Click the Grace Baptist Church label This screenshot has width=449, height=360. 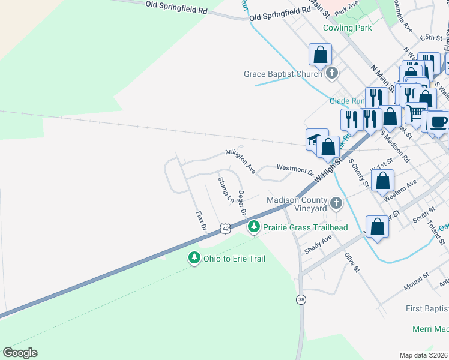(283, 74)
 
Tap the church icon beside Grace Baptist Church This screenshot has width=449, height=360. (332, 74)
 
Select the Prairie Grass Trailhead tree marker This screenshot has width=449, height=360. (254, 227)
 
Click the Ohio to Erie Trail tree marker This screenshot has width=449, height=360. (194, 258)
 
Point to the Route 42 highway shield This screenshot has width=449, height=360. (224, 229)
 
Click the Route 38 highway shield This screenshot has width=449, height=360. (300, 299)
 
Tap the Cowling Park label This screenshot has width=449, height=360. (347, 28)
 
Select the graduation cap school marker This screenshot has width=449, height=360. (313, 139)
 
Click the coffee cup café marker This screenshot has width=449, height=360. (437, 122)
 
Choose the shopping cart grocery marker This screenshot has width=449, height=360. (415, 112)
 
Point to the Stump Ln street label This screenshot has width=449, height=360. (226, 189)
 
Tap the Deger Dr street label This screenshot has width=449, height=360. (242, 203)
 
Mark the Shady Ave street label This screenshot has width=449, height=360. (318, 244)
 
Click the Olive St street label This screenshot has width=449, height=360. (351, 263)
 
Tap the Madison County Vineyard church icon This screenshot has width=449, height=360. (336, 204)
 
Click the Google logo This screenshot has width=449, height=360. (20, 353)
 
